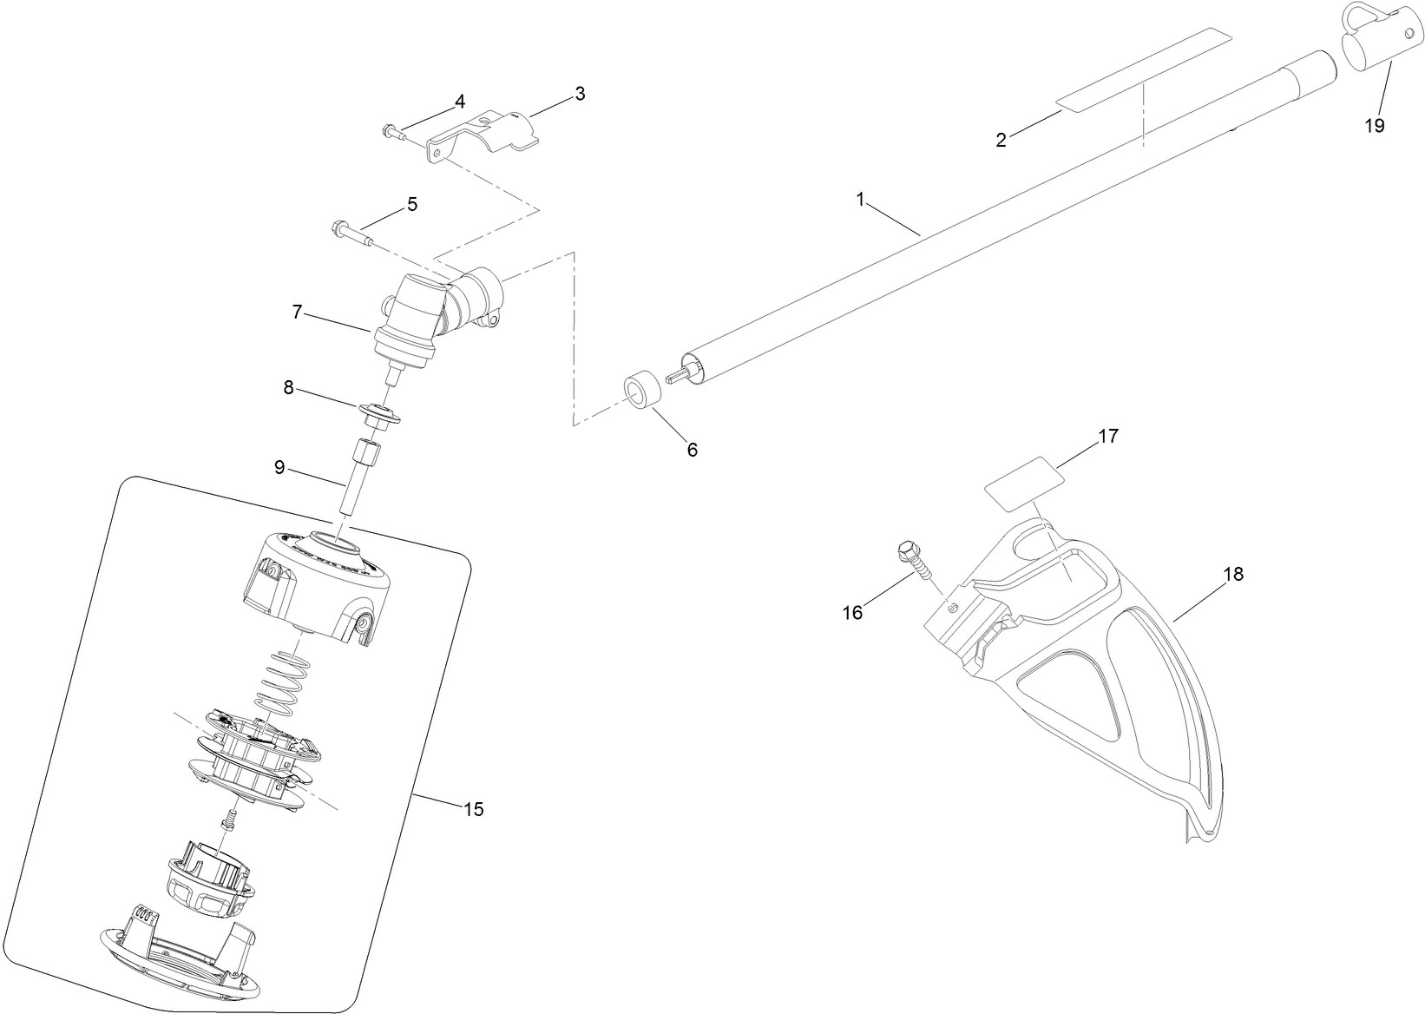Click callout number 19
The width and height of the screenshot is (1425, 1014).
point(1373,125)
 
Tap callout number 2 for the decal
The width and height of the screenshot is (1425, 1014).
point(1001,140)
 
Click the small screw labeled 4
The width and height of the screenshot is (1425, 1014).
point(391,132)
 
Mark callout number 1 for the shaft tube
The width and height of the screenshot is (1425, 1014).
point(860,200)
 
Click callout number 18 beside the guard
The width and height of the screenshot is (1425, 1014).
point(1233,574)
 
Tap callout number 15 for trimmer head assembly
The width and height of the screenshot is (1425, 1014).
point(473,809)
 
